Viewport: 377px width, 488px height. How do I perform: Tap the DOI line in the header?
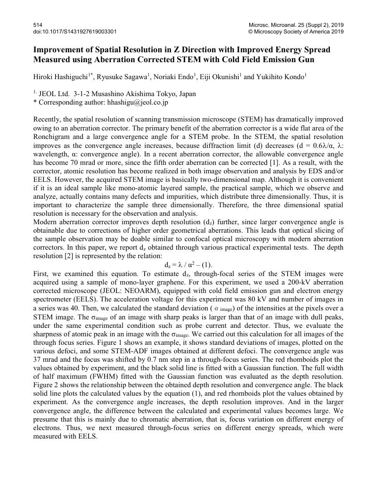point(75,32)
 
